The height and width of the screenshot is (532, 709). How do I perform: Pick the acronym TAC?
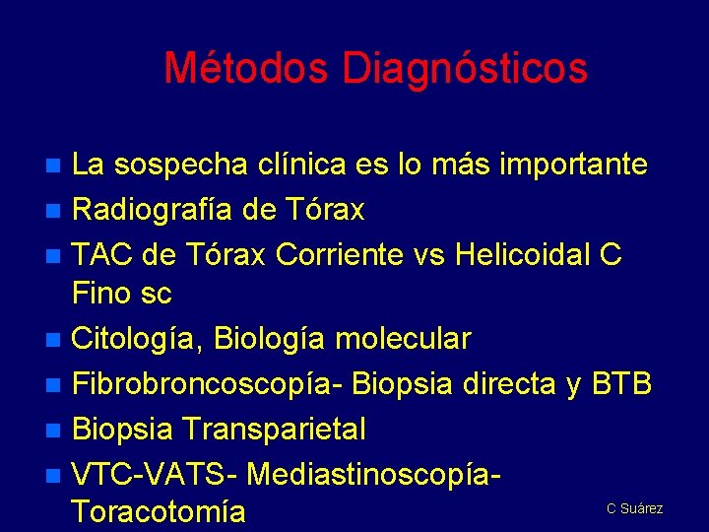click(103, 254)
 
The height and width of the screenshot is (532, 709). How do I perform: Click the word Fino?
click(104, 293)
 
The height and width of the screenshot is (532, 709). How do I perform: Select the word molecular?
click(403, 339)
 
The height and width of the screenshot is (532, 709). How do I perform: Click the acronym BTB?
click(621, 384)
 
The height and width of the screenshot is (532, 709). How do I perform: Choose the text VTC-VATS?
click(154, 474)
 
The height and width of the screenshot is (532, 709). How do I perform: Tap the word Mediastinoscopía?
click(374, 474)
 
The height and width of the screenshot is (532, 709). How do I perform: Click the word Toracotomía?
click(158, 512)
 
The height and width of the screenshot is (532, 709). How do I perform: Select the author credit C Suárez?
click(634, 508)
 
